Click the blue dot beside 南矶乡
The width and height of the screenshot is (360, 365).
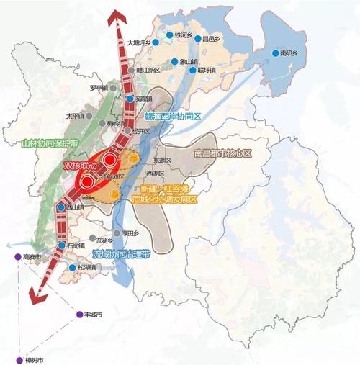(274, 53)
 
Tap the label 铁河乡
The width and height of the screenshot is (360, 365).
(186, 34)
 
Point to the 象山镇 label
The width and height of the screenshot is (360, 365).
(189, 61)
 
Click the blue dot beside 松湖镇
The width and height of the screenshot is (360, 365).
(73, 268)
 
